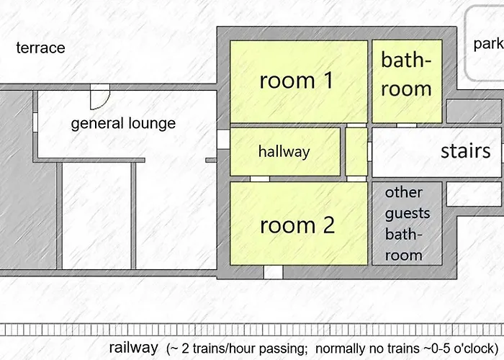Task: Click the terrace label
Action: (40, 48)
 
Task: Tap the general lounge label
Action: (123, 123)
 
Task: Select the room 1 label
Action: (297, 80)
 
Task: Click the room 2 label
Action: (297, 225)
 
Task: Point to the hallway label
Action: (284, 152)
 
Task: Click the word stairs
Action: (465, 150)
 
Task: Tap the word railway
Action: (133, 348)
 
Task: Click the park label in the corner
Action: (488, 44)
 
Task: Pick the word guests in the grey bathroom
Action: (408, 213)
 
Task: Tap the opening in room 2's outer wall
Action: (273, 272)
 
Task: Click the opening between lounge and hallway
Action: (223, 139)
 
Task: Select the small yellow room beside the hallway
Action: (356, 152)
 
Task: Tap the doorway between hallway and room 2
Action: (260, 179)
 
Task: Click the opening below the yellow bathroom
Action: (406, 125)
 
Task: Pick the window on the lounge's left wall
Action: (35, 122)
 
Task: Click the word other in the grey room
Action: (404, 192)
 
